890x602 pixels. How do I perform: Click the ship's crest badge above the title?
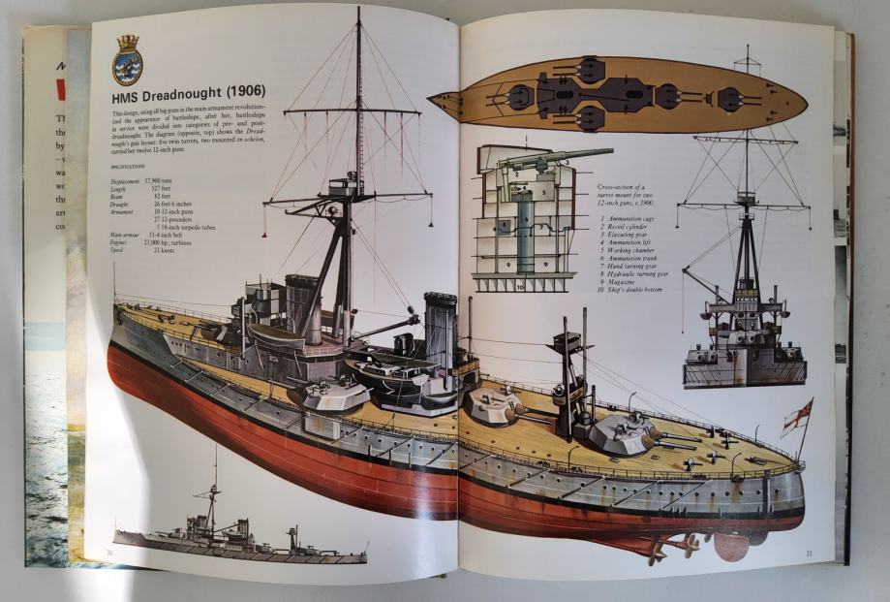click(127, 60)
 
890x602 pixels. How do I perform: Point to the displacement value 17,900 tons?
click(160, 180)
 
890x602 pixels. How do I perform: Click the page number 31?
click(808, 554)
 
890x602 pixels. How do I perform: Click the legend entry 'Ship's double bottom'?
click(638, 290)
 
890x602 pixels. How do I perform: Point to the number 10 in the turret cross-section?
click(492, 286)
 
